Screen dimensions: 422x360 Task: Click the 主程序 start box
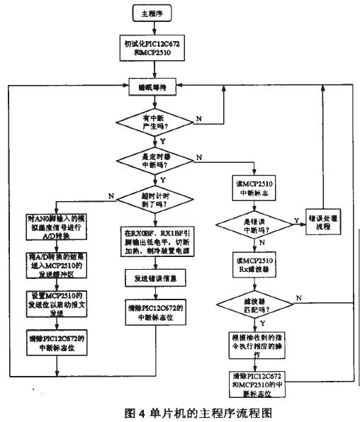(x=154, y=13)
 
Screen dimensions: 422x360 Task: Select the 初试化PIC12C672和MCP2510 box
(x=154, y=48)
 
